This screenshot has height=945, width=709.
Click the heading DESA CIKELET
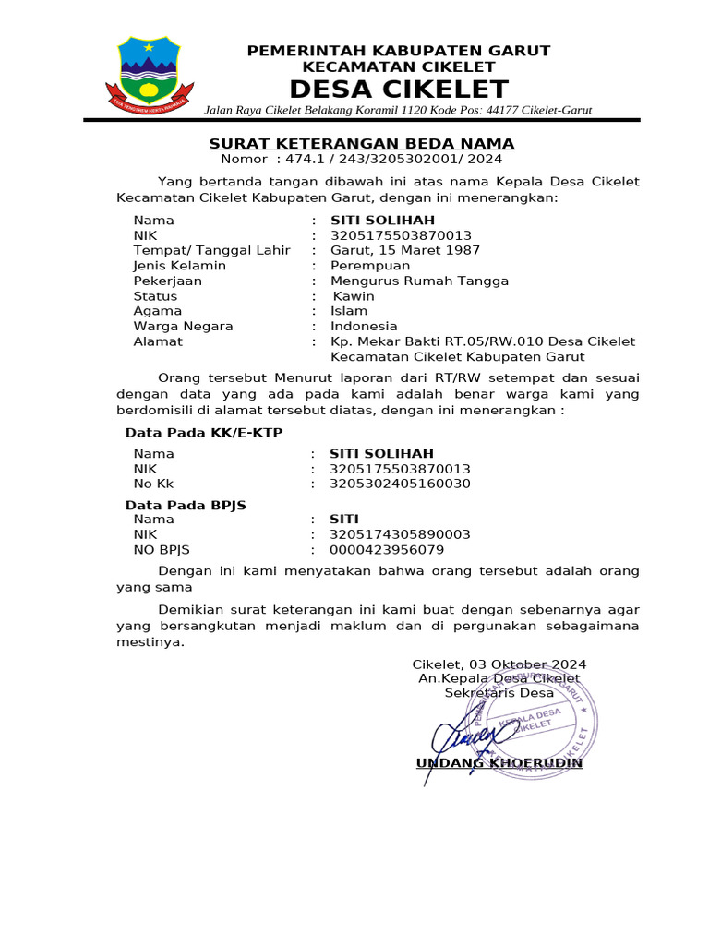pyautogui.click(x=398, y=90)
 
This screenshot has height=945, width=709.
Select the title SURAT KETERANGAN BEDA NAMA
pyautogui.click(x=361, y=143)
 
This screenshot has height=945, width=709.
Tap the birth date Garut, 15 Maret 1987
pyautogui.click(x=405, y=250)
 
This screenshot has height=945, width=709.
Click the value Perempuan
pyautogui.click(x=370, y=266)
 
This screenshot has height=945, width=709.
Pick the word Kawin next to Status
pyautogui.click(x=354, y=296)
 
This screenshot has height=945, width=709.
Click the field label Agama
pyautogui.click(x=158, y=311)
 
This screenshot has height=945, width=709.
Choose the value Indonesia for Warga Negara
pyautogui.click(x=364, y=326)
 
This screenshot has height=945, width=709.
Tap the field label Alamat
pyautogui.click(x=158, y=341)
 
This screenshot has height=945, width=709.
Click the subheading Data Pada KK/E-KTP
pyautogui.click(x=204, y=433)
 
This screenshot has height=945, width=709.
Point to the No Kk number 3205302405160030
pyautogui.click(x=401, y=484)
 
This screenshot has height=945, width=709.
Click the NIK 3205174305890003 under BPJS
pyautogui.click(x=401, y=534)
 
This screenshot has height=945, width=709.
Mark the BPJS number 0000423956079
pyautogui.click(x=387, y=550)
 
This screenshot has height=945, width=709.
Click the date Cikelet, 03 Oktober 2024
pyautogui.click(x=499, y=664)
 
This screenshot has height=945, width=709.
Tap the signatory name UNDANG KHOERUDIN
pyautogui.click(x=499, y=763)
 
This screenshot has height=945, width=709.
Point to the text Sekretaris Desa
pyautogui.click(x=499, y=693)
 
